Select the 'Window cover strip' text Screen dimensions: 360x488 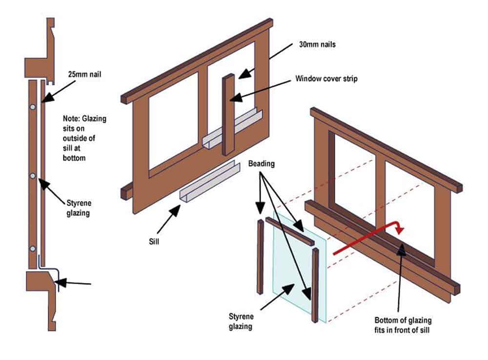point(326,79)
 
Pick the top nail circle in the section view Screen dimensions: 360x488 point(33,107)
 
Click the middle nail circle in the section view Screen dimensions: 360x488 point(33,175)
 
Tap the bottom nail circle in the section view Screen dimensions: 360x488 point(33,249)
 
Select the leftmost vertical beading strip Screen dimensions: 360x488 point(260,257)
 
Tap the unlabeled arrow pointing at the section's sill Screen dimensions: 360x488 point(73,282)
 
